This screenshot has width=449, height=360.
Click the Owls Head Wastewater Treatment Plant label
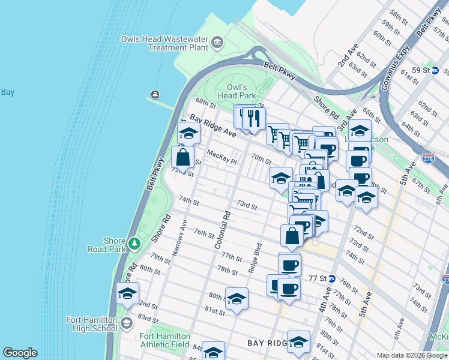(165, 43)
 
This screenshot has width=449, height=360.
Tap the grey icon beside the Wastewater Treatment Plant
(217, 42)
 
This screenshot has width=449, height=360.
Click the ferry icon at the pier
(155, 95)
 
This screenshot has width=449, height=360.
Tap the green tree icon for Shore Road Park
(134, 244)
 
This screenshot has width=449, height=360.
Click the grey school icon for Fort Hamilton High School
(126, 324)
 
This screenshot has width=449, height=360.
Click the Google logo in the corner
(20, 353)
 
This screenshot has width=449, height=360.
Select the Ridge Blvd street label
(256, 258)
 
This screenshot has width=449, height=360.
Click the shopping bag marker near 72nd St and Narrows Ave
(183, 157)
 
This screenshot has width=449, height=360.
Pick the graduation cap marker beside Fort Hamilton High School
(127, 293)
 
